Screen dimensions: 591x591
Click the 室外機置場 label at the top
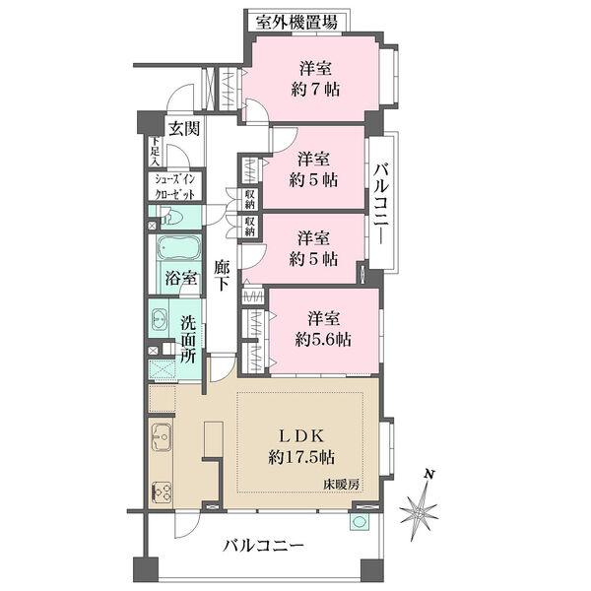click(296, 23)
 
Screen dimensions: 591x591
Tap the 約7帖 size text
click(315, 90)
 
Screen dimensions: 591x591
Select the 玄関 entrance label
click(184, 129)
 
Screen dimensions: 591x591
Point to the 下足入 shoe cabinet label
click(156, 151)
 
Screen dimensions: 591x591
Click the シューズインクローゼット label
click(175, 187)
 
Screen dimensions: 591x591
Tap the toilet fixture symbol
click(172, 217)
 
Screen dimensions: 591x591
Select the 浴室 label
click(181, 279)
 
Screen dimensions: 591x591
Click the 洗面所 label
click(188, 339)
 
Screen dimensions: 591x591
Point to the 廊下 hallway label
click(222, 275)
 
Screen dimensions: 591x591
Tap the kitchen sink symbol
click(162, 436)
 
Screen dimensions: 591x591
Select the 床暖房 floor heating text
click(341, 485)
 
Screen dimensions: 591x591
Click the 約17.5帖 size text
click(301, 458)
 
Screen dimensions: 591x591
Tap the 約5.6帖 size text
click(323, 339)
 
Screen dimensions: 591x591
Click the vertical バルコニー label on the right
click(381, 204)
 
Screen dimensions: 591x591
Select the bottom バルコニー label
click(263, 545)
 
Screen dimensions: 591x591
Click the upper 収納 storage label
click(250, 200)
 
